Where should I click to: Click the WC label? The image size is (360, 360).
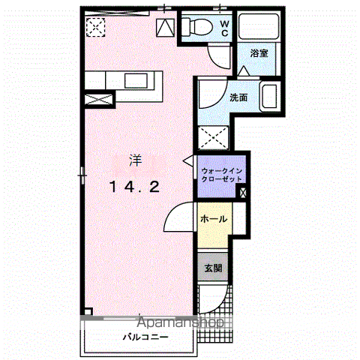(224, 28)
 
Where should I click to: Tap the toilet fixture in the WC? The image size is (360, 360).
(197, 26)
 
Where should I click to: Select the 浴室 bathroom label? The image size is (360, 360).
(259, 53)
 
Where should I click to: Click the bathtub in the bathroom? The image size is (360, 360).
(259, 26)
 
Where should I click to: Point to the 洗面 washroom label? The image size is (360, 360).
(238, 97)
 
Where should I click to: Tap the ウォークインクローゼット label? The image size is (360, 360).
(222, 175)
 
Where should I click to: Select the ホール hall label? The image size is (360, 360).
(214, 219)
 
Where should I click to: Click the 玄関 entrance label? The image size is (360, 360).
(213, 268)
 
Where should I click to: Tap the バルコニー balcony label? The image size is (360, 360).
(145, 337)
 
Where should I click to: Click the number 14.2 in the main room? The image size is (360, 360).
(135, 187)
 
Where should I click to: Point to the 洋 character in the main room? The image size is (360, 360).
(136, 160)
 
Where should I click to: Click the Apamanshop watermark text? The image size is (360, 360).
(181, 322)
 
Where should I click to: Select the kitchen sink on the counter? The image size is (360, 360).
(136, 80)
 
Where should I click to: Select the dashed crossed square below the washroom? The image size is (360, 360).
(213, 138)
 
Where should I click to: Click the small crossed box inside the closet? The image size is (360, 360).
(242, 193)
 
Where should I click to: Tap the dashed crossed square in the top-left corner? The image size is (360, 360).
(95, 27)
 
